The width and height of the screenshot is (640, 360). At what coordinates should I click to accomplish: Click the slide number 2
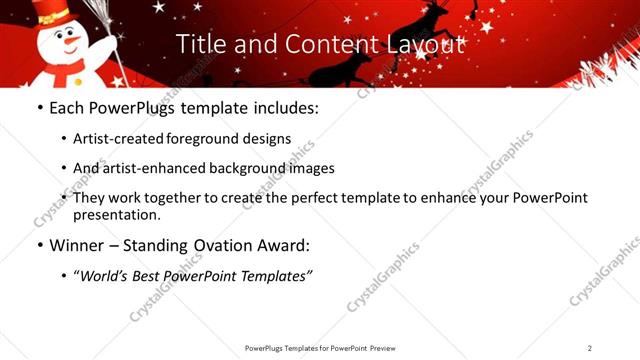pyautogui.click(x=590, y=347)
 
